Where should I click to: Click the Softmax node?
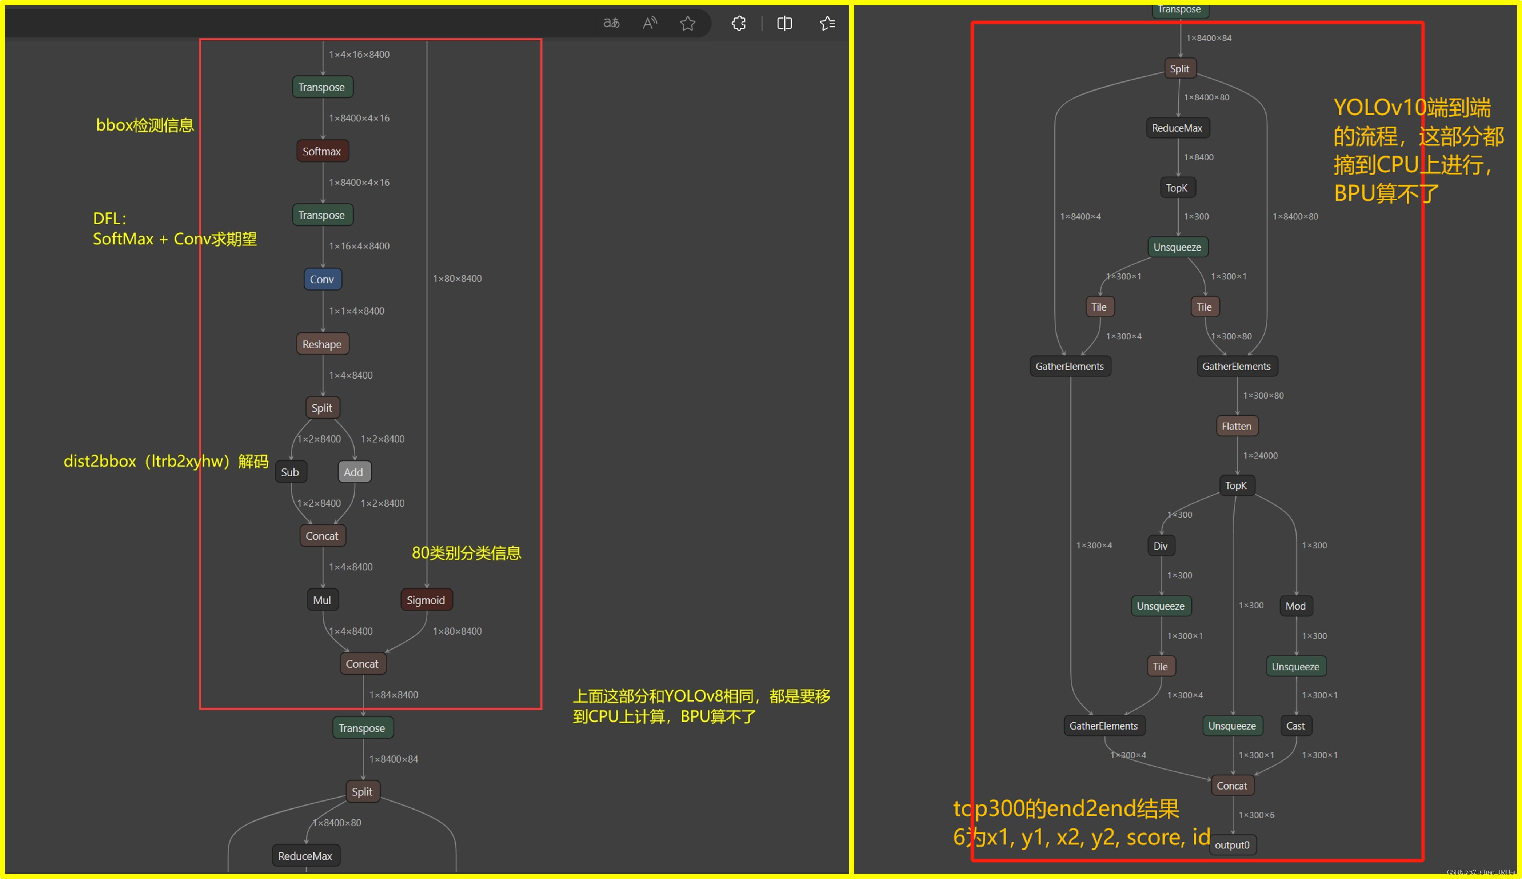[322, 151]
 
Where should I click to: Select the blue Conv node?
[322, 279]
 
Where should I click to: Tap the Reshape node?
[322, 344]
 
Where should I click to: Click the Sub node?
[290, 472]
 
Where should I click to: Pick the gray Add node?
[354, 472]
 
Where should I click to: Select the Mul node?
[322, 600]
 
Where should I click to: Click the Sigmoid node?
[426, 600]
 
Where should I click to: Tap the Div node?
[1161, 546]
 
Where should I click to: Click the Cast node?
[1295, 726]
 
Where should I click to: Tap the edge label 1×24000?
[1260, 455]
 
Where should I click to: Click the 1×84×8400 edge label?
[394, 695]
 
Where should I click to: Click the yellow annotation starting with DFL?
[175, 229]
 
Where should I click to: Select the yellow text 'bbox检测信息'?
[145, 125]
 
